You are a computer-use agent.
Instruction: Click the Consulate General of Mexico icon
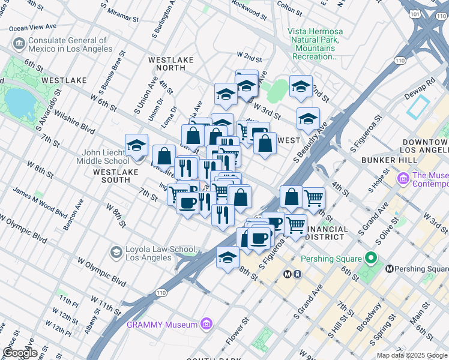18,44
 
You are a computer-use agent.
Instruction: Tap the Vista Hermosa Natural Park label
315,44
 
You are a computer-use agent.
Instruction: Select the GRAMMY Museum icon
206,324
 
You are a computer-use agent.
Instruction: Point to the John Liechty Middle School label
103,157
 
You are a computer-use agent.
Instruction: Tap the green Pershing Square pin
371,259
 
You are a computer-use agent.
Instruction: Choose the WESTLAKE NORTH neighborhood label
170,64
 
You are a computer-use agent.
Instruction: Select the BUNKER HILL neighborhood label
390,160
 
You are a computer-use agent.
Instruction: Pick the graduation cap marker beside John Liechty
137,145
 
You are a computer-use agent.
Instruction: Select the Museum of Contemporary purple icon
403,178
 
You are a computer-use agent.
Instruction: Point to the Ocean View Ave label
32,28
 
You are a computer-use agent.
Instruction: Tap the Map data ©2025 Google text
412,355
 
